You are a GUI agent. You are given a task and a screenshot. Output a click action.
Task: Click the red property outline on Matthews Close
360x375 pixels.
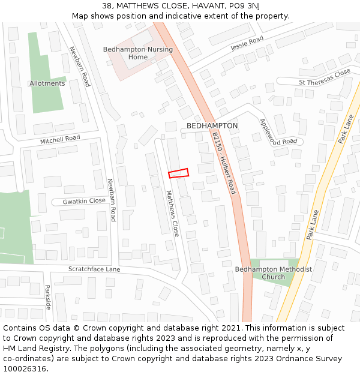(178, 173)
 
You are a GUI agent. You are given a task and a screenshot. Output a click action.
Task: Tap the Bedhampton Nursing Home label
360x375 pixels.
(138, 53)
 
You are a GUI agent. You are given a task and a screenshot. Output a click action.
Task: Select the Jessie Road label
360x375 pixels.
(247, 43)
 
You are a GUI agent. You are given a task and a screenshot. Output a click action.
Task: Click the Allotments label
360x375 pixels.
(47, 83)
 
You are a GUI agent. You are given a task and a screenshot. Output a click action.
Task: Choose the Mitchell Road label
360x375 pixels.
(60, 139)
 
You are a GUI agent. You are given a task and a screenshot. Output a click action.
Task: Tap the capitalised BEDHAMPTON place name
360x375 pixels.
(212, 126)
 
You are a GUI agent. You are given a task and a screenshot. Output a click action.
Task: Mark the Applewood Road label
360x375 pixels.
(278, 131)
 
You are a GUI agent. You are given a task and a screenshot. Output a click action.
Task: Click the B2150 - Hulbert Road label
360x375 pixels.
(224, 163)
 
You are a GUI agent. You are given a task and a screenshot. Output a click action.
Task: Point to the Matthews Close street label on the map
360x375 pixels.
(172, 213)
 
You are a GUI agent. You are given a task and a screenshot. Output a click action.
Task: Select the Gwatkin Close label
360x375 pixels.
(84, 202)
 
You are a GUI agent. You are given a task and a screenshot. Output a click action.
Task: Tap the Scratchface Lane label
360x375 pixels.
(94, 269)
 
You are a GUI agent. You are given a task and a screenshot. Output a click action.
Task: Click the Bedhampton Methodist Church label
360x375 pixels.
(273, 273)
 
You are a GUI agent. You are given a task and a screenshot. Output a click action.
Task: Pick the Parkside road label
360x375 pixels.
(48, 296)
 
